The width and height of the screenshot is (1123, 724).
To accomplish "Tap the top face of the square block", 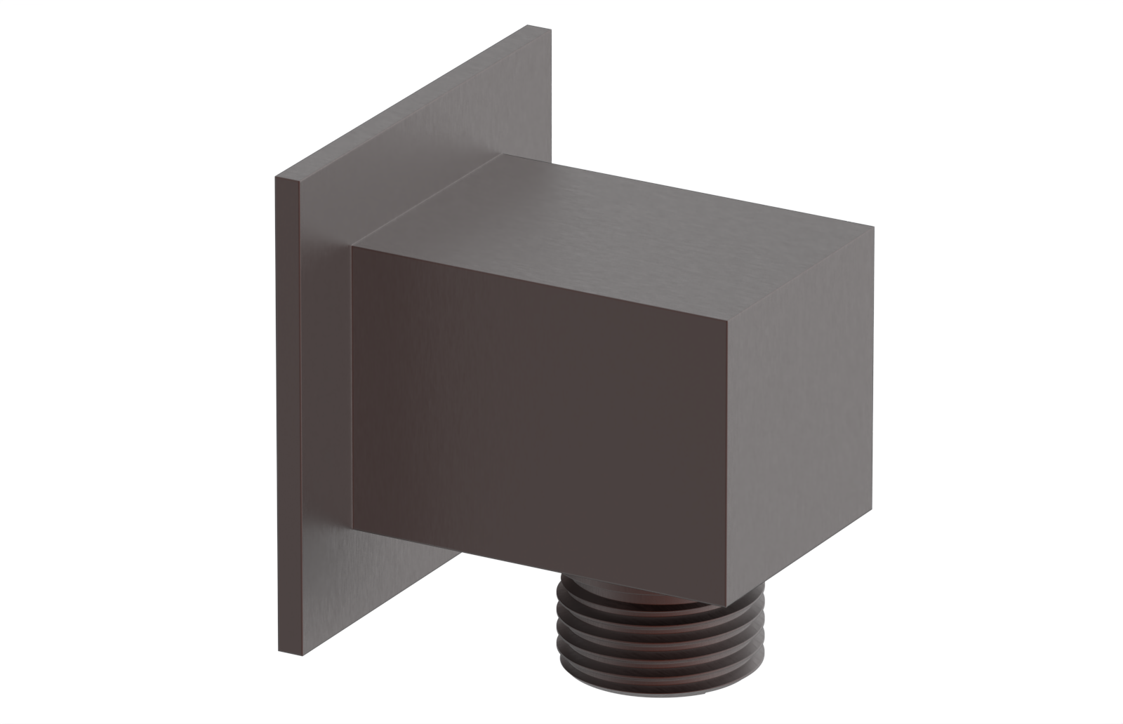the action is tap(611, 224).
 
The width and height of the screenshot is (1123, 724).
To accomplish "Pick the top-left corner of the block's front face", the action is tap(352, 247).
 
